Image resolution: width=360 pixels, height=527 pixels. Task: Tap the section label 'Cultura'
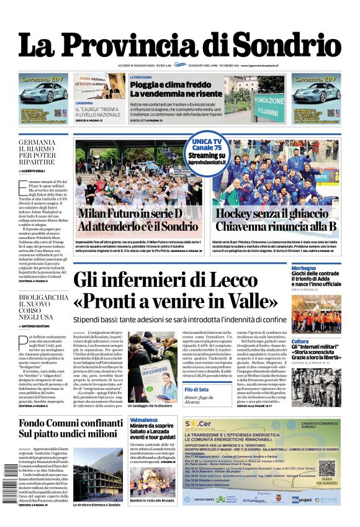[300, 341]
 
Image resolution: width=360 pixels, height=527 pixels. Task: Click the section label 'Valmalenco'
[143, 420]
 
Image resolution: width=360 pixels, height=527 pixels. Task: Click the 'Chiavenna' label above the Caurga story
[84, 103]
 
